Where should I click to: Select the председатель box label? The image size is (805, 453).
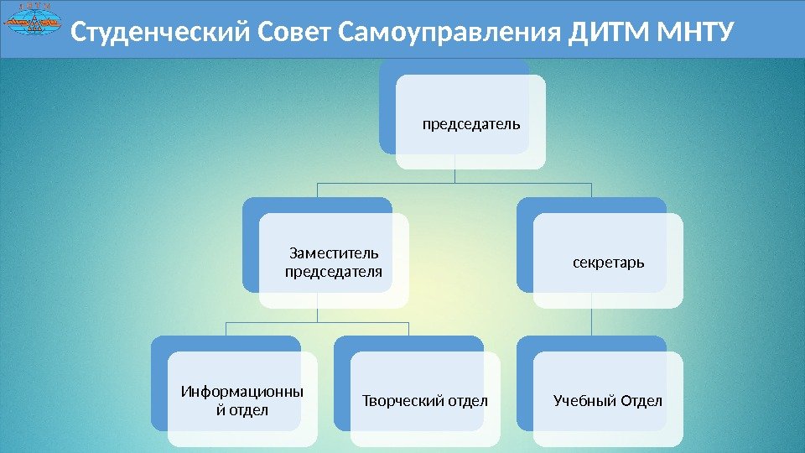471,124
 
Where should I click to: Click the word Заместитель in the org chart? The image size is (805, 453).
334,253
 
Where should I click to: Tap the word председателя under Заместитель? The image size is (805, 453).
334,272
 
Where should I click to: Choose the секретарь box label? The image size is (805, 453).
609,263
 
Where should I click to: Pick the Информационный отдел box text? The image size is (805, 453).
242,400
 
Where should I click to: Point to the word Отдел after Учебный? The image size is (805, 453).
641,401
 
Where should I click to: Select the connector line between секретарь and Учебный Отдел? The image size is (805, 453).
592,320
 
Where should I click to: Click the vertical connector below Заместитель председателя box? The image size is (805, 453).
318,313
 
